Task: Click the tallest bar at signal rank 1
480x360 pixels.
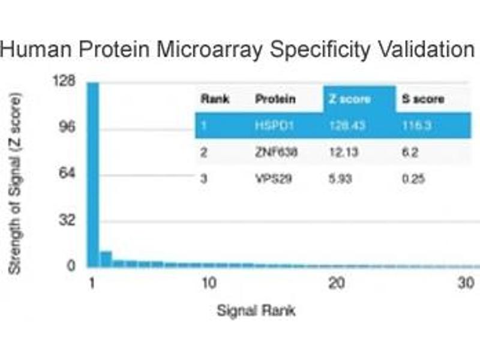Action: point(92,174)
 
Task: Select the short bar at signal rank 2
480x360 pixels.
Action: point(106,259)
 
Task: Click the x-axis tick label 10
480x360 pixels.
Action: point(208,283)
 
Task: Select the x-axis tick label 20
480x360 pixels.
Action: point(337,283)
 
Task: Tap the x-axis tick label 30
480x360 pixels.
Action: point(466,283)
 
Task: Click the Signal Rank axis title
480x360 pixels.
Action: point(256,311)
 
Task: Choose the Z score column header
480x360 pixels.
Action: point(349,99)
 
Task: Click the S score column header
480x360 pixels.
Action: point(423,99)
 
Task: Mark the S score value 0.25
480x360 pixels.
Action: point(413,178)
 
